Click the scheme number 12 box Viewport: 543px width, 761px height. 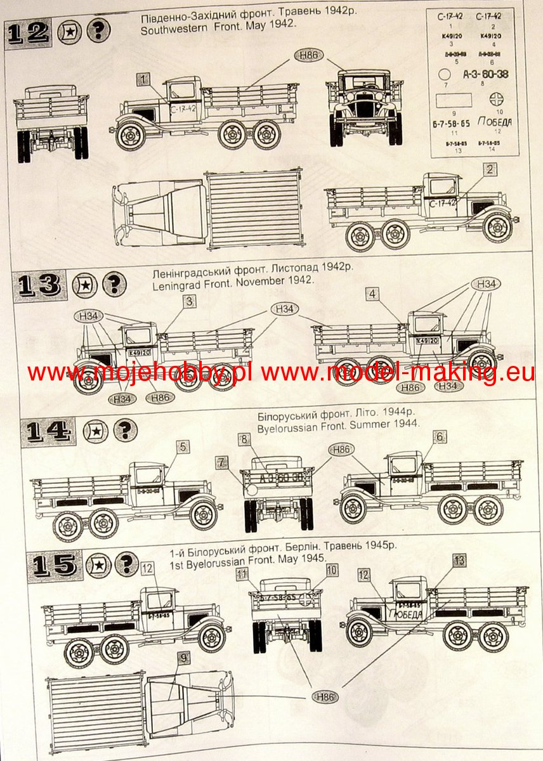click(28, 32)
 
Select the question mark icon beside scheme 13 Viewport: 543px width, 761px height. click(114, 285)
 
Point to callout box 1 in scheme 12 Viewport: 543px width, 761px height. click(143, 79)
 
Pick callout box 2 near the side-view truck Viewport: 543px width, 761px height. click(489, 169)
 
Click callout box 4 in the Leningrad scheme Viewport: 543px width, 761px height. click(373, 294)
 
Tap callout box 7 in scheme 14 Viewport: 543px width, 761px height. click(220, 463)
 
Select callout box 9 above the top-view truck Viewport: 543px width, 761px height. click(183, 658)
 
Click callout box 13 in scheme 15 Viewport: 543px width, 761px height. click(460, 560)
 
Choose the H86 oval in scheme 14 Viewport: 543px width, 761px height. click(341, 450)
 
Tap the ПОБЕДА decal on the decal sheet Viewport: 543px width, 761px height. click(495, 122)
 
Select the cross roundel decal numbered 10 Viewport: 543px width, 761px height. click(495, 100)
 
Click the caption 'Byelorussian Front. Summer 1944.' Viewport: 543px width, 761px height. click(338, 427)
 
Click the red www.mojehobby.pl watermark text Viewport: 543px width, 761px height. click(140, 374)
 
